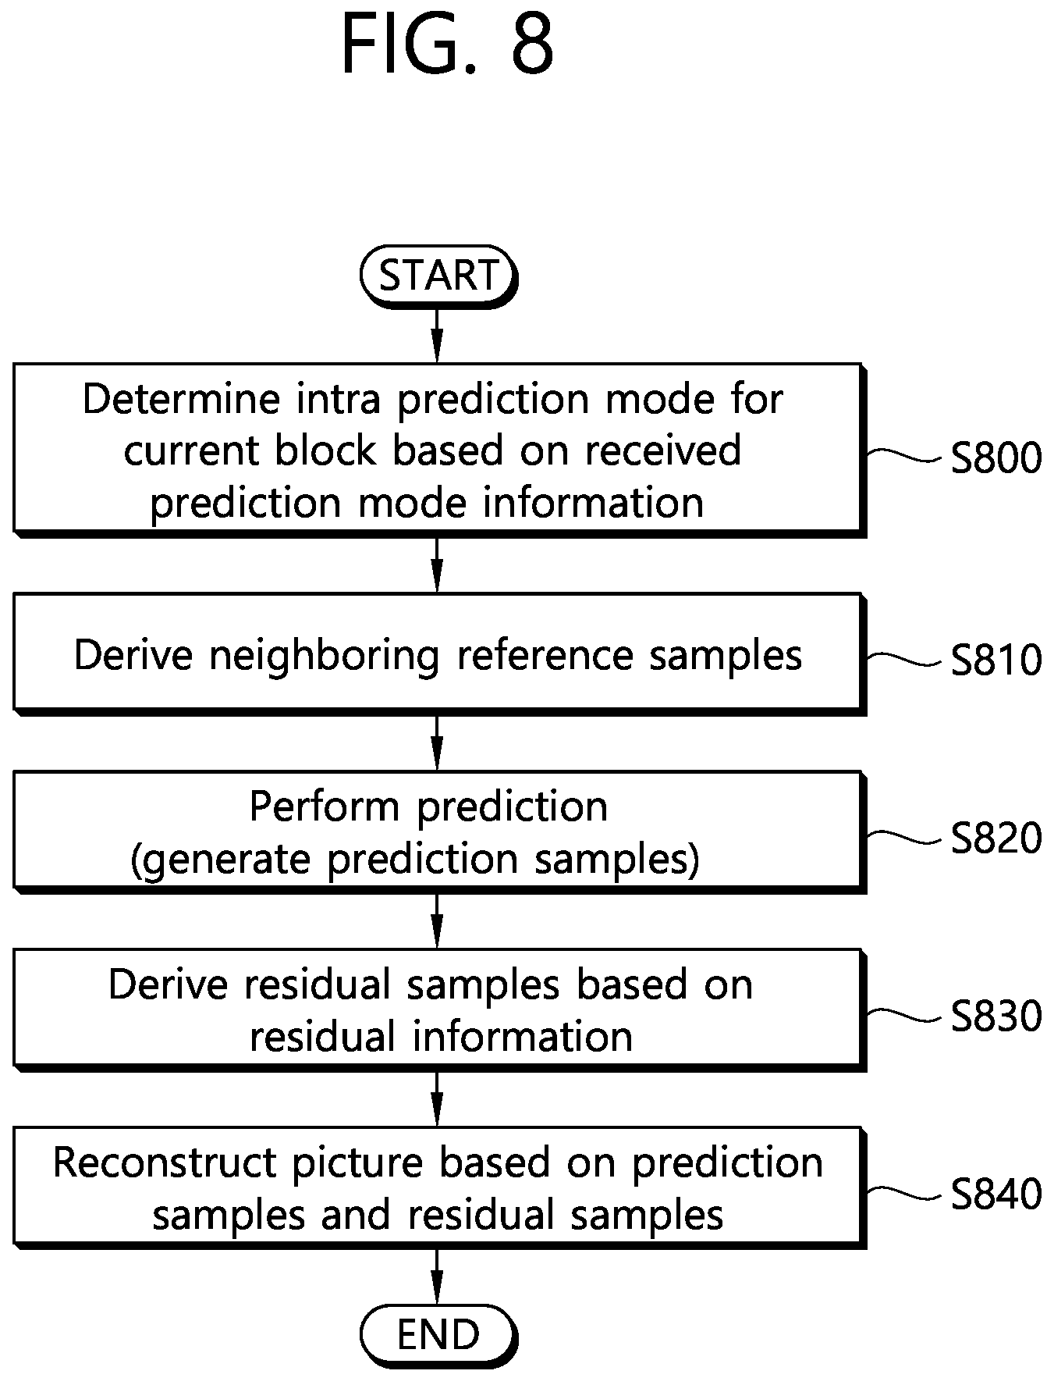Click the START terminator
click(438, 276)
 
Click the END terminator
click(438, 1335)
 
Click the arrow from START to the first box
click(437, 336)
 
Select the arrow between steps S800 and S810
click(437, 565)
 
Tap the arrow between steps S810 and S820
click(437, 743)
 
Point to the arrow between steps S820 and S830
click(437, 921)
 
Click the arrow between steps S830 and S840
click(437, 1099)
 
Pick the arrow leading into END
click(437, 1276)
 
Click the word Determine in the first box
click(181, 399)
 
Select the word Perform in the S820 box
click(324, 806)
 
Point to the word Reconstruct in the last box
click(164, 1162)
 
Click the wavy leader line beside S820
click(904, 837)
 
